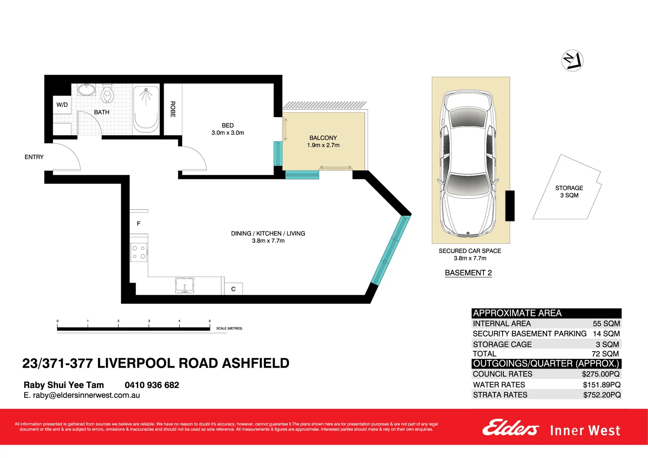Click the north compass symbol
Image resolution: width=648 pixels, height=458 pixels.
click(572, 61)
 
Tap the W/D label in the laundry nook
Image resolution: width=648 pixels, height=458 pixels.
click(62, 105)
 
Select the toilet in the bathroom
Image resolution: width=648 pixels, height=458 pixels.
click(107, 94)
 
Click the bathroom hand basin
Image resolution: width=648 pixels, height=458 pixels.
click(87, 90)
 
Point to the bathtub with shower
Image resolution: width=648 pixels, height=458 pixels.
click(146, 109)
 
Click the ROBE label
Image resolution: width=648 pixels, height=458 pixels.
click(173, 109)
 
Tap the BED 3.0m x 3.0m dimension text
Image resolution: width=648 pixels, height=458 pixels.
click(228, 133)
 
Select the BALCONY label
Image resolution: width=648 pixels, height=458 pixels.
click(323, 138)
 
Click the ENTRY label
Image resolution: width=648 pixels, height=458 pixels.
click(34, 157)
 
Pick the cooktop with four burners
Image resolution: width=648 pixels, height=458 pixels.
click(139, 252)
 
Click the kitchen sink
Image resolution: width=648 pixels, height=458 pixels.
click(184, 285)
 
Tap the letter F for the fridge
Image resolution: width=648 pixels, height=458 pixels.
click(138, 223)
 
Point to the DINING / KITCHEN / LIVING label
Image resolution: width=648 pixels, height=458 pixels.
click(268, 233)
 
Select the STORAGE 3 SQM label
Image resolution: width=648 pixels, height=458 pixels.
click(569, 191)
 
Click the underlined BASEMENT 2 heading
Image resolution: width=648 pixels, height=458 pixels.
click(468, 273)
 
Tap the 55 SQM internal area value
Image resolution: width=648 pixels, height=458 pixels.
click(606, 324)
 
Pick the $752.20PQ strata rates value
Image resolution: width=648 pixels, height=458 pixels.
click(602, 395)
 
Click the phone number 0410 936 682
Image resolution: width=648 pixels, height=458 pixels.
click(152, 385)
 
